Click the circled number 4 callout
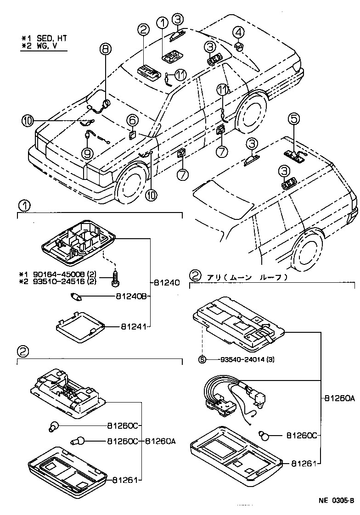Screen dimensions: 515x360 (x=238, y=32)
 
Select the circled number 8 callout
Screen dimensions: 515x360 (x=105, y=48)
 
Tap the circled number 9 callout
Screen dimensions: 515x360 (x=87, y=153)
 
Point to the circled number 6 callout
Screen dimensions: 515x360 (x=132, y=120)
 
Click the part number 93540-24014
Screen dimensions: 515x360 (x=238, y=359)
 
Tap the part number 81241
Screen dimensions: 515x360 (x=134, y=327)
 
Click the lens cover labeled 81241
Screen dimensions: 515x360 (x=81, y=327)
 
